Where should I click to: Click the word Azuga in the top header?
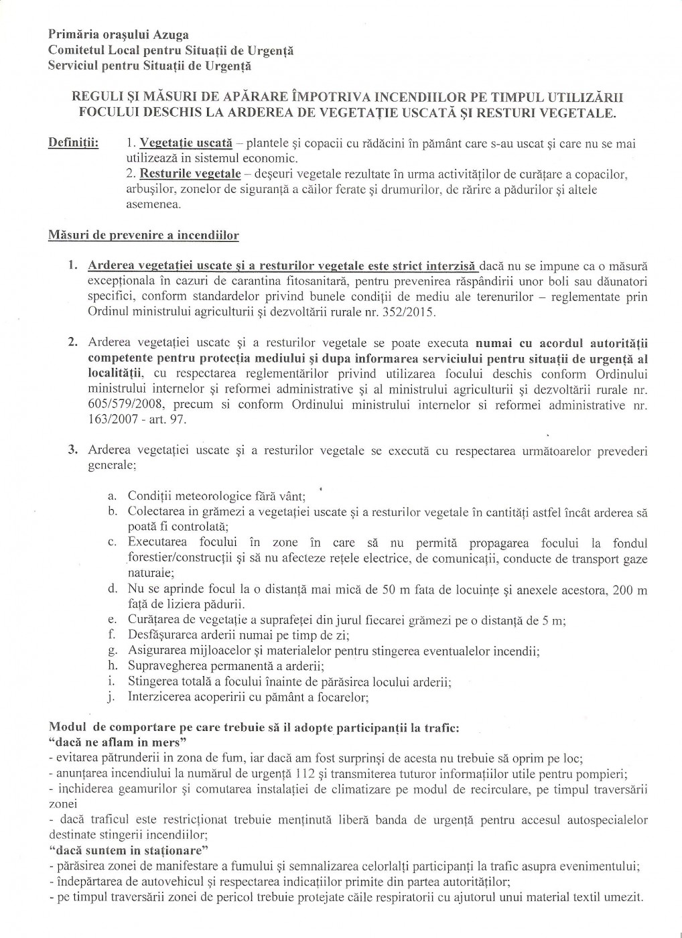(x=166, y=34)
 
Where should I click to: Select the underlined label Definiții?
(x=74, y=144)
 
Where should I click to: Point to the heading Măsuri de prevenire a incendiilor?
(x=143, y=236)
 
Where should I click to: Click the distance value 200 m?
(x=632, y=590)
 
